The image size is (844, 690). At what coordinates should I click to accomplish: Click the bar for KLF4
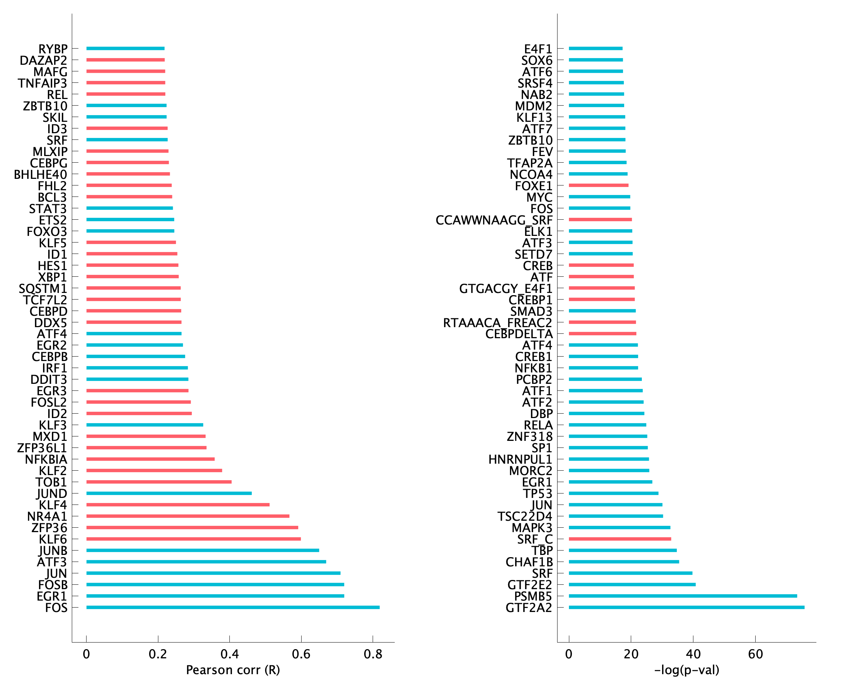[178, 505]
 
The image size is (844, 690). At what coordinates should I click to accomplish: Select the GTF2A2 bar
[686, 607]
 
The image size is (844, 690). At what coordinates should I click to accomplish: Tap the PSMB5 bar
[682, 596]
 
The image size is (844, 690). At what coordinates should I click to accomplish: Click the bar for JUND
[169, 493]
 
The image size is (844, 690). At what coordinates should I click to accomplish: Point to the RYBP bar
[125, 49]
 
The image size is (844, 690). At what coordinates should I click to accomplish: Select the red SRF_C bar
[620, 539]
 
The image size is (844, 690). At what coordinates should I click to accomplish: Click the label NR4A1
[47, 516]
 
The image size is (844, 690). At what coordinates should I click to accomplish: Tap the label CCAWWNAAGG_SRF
[494, 220]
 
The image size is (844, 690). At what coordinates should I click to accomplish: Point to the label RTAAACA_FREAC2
[497, 323]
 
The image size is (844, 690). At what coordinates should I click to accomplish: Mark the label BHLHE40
[41, 174]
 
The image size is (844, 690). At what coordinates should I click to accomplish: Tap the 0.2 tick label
[158, 654]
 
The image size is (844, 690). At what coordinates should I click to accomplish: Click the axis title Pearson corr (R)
[233, 670]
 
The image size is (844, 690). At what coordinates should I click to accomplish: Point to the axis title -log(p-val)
[686, 670]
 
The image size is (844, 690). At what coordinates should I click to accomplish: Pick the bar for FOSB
[215, 584]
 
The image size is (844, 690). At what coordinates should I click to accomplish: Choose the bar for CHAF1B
[624, 562]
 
